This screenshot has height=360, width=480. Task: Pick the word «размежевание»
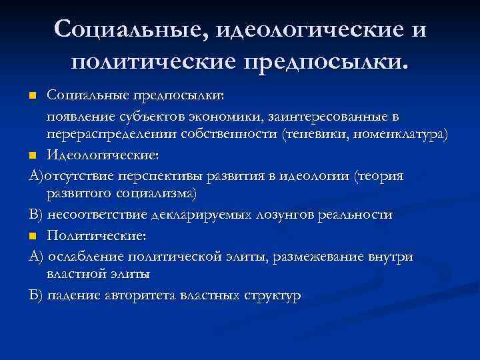point(316,257)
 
